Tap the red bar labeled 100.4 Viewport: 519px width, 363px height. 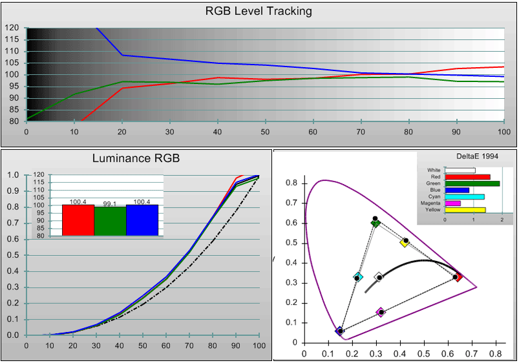[78, 220]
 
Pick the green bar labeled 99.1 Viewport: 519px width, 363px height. [110, 221]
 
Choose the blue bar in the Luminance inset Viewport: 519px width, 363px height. [142, 220]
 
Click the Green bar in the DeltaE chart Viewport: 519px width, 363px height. [472, 183]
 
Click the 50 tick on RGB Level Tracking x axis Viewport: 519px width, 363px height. [265, 131]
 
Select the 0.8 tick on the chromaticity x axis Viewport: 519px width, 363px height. [495, 355]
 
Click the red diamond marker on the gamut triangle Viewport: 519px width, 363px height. [459, 277]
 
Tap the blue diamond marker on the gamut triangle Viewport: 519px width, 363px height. [339, 331]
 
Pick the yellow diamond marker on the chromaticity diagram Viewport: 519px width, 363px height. [404, 243]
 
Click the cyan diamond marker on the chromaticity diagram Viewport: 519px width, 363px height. [359, 277]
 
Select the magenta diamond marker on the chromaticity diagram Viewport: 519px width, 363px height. [380, 312]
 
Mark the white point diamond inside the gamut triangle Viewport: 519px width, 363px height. [379, 277]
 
